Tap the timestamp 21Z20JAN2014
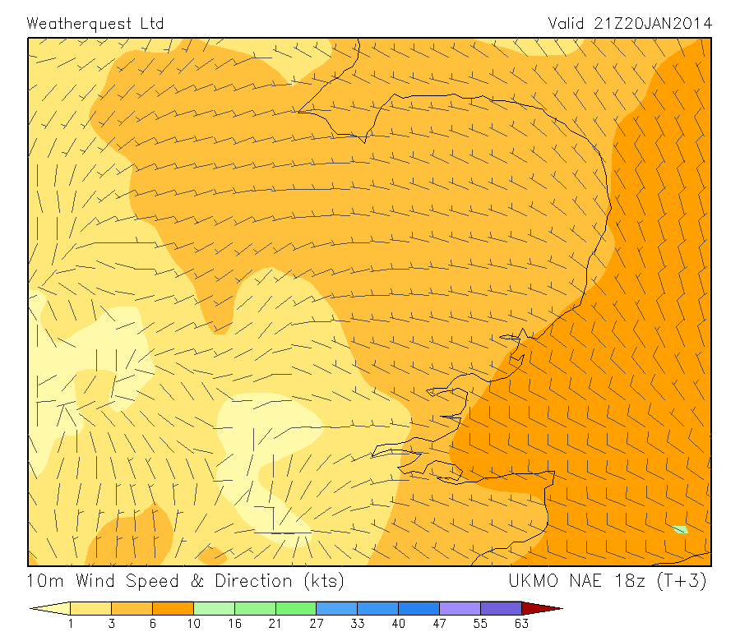pyautogui.click(x=652, y=23)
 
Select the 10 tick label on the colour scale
pyautogui.click(x=193, y=624)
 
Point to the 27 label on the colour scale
pyautogui.click(x=317, y=624)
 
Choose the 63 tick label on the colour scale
pyautogui.click(x=521, y=624)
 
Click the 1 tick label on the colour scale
pyautogui.click(x=71, y=624)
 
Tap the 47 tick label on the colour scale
pyautogui.click(x=439, y=624)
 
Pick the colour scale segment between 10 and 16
pyautogui.click(x=214, y=609)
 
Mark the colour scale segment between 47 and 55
pyautogui.click(x=460, y=609)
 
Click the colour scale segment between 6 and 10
pyautogui.click(x=173, y=609)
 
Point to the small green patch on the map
pyautogui.click(x=679, y=529)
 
